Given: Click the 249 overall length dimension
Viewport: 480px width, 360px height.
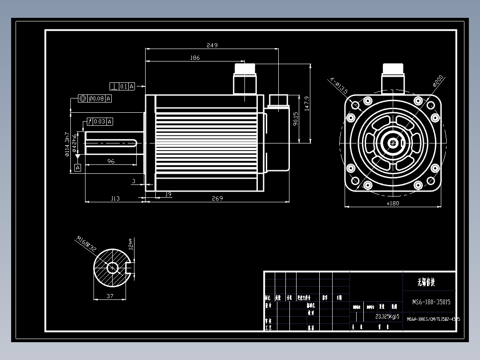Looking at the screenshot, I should pyautogui.click(x=212, y=45).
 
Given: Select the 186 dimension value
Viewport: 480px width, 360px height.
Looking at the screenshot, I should pyautogui.click(x=195, y=58).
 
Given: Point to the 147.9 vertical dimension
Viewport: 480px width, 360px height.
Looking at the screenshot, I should pyautogui.click(x=306, y=103).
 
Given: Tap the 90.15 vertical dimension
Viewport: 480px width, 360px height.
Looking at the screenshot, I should pyautogui.click(x=296, y=119).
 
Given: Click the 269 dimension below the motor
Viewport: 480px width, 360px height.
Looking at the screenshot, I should pyautogui.click(x=218, y=198).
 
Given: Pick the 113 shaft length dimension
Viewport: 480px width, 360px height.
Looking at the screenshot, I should pyautogui.click(x=115, y=198).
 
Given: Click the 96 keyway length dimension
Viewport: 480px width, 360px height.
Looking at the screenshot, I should pyautogui.click(x=111, y=161).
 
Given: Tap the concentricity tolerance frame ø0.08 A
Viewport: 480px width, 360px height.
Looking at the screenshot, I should pyautogui.click(x=95, y=99).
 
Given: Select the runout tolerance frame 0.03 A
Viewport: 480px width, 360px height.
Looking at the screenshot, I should pyautogui.click(x=100, y=122).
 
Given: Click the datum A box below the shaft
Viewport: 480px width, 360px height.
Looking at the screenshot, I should pyautogui.click(x=78, y=168).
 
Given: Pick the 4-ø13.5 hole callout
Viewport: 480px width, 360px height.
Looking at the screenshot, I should pyautogui.click(x=338, y=86).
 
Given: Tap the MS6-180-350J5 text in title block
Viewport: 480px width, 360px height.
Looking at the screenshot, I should pyautogui.click(x=431, y=302).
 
